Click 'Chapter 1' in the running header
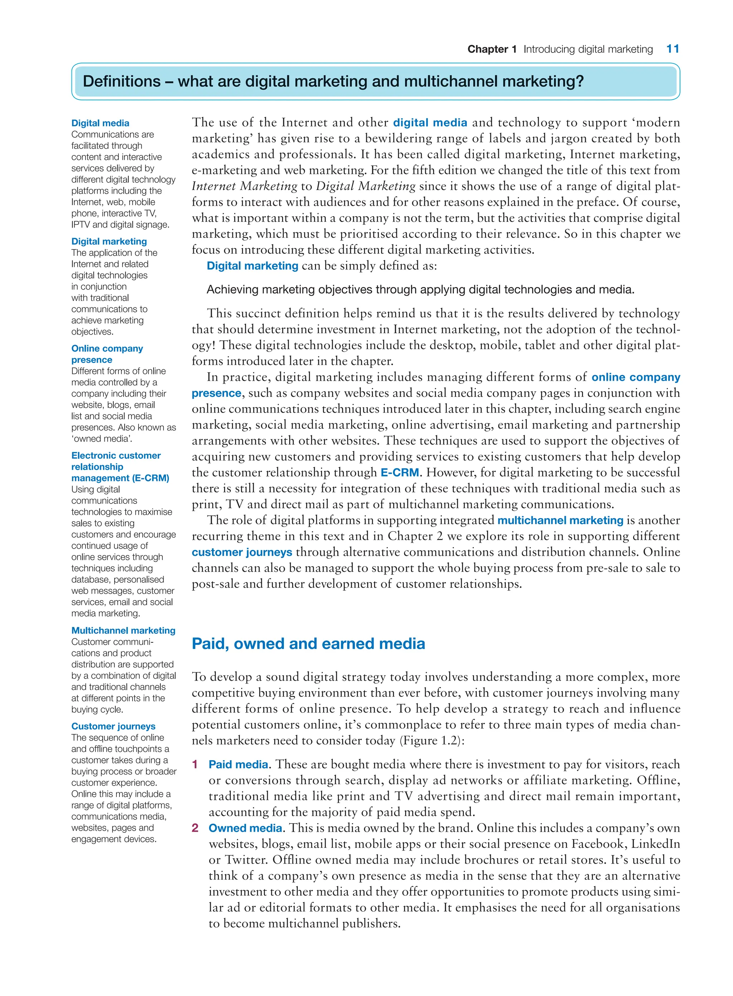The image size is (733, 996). [492, 49]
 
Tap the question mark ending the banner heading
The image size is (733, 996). [579, 82]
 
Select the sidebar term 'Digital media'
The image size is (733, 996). [100, 123]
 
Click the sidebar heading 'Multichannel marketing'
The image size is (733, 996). [123, 631]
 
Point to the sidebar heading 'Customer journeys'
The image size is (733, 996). [113, 726]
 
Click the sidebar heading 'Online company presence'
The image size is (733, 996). [107, 354]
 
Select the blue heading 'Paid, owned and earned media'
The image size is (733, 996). [309, 644]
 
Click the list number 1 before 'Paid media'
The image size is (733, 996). [194, 764]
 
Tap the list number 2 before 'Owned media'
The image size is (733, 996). [195, 828]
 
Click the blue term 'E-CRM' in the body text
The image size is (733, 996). [399, 472]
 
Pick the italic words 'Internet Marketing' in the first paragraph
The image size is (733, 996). [244, 186]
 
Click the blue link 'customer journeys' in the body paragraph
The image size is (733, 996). [242, 552]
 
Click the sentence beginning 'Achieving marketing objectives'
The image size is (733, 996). [420, 290]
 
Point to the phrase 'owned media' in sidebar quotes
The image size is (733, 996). [102, 439]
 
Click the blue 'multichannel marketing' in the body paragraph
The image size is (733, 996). [560, 520]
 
